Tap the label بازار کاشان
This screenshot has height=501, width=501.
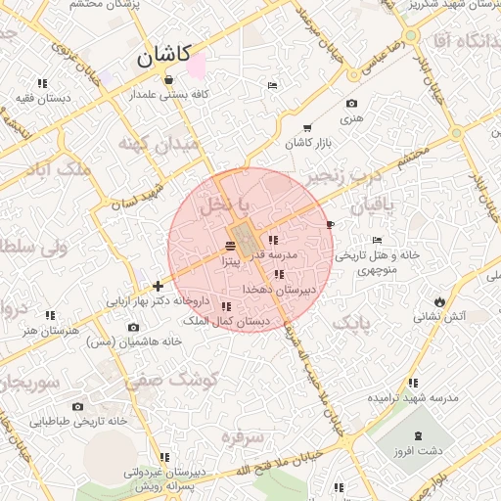point(308,144)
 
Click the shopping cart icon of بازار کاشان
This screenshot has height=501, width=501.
point(307,128)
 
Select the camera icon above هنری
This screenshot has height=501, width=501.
point(351,103)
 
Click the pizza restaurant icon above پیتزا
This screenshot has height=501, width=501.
point(230,245)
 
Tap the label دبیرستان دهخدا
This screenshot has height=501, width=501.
point(279,290)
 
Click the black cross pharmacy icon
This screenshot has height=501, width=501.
point(158,287)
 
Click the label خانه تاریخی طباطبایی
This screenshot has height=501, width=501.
point(78,422)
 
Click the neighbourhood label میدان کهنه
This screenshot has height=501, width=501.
point(158,144)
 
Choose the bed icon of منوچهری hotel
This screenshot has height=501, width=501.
point(378,241)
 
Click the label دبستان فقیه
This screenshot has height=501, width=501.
point(42,99)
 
